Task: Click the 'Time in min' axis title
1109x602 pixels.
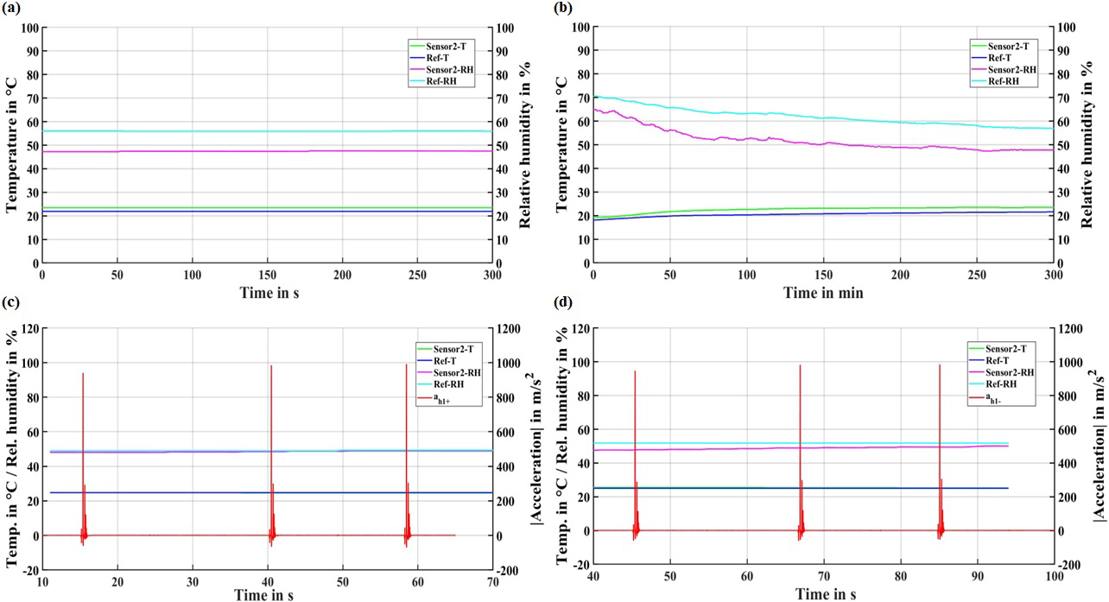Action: (x=823, y=293)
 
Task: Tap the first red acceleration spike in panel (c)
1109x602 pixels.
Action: (x=83, y=374)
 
